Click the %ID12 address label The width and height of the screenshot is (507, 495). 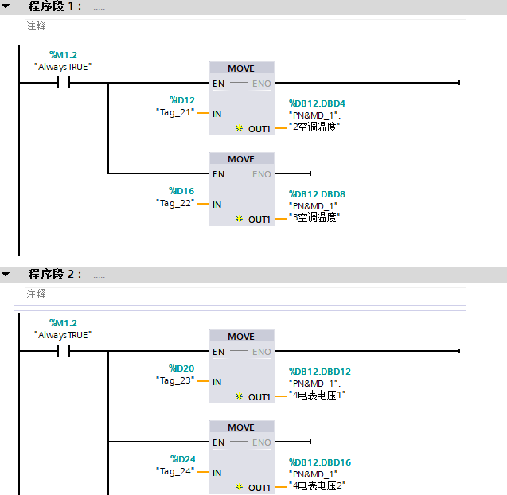click(x=181, y=100)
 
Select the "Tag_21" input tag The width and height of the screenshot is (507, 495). click(x=175, y=113)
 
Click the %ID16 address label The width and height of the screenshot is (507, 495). click(x=181, y=191)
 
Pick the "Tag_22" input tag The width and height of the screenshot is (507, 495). click(x=175, y=203)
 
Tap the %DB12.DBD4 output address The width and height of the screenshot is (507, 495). click(x=317, y=103)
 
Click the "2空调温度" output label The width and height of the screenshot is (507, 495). click(x=316, y=126)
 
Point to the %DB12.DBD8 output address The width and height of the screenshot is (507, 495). click(x=317, y=194)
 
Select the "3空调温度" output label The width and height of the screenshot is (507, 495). click(x=316, y=216)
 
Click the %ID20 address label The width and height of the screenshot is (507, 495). click(x=181, y=368)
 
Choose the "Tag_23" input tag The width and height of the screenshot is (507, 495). click(x=175, y=380)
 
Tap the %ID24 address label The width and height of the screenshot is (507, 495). click(x=181, y=459)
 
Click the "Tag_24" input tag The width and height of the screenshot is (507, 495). click(x=175, y=471)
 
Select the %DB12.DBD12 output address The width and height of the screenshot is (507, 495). click(x=319, y=372)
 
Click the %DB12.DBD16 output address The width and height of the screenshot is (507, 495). click(x=319, y=462)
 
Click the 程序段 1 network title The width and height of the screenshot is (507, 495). click(x=55, y=6)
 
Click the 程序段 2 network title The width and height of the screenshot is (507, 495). click(x=55, y=275)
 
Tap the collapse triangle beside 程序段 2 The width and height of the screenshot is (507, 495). click(x=6, y=275)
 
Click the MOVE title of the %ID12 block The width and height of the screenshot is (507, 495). click(x=241, y=68)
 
